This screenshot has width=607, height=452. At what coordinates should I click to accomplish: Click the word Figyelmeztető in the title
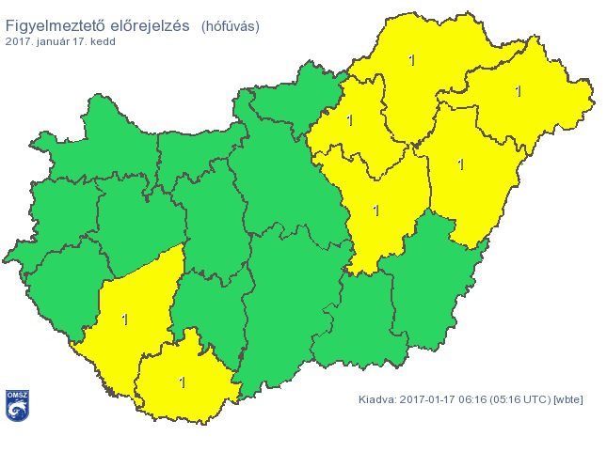(x=62, y=24)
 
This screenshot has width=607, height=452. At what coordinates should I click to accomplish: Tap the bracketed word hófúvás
(x=231, y=25)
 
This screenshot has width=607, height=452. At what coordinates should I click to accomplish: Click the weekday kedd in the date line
(x=103, y=42)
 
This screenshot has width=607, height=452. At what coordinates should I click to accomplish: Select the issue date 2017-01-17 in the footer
(x=429, y=399)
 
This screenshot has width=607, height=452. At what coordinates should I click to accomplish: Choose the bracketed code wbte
(x=568, y=399)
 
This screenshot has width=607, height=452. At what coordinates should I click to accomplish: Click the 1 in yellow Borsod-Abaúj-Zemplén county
(x=412, y=60)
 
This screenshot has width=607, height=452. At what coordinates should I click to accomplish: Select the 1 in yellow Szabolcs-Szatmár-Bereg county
(x=518, y=91)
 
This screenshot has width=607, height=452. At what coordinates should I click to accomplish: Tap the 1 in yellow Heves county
(x=350, y=120)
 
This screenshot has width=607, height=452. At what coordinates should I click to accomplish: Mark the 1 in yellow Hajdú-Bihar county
(x=460, y=164)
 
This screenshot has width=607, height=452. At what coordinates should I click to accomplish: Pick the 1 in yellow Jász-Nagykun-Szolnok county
(x=376, y=210)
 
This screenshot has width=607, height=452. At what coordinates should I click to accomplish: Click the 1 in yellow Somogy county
(x=125, y=320)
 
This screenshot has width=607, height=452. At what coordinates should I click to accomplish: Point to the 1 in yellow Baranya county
(x=182, y=382)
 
